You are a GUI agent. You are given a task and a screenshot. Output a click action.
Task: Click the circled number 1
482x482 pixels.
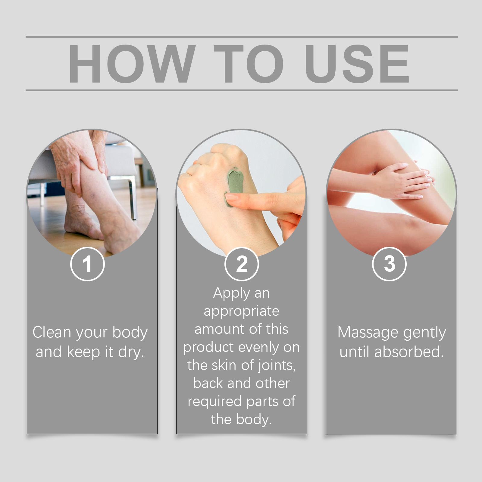coord(87,264)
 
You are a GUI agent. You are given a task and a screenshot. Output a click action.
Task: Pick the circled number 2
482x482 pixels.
coord(242,264)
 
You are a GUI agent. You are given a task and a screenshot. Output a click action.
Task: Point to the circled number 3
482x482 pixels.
coord(389,264)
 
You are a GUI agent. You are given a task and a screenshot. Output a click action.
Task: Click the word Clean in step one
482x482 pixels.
coord(52,332)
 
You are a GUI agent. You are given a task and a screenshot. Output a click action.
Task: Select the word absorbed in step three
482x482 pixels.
coord(409,352)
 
